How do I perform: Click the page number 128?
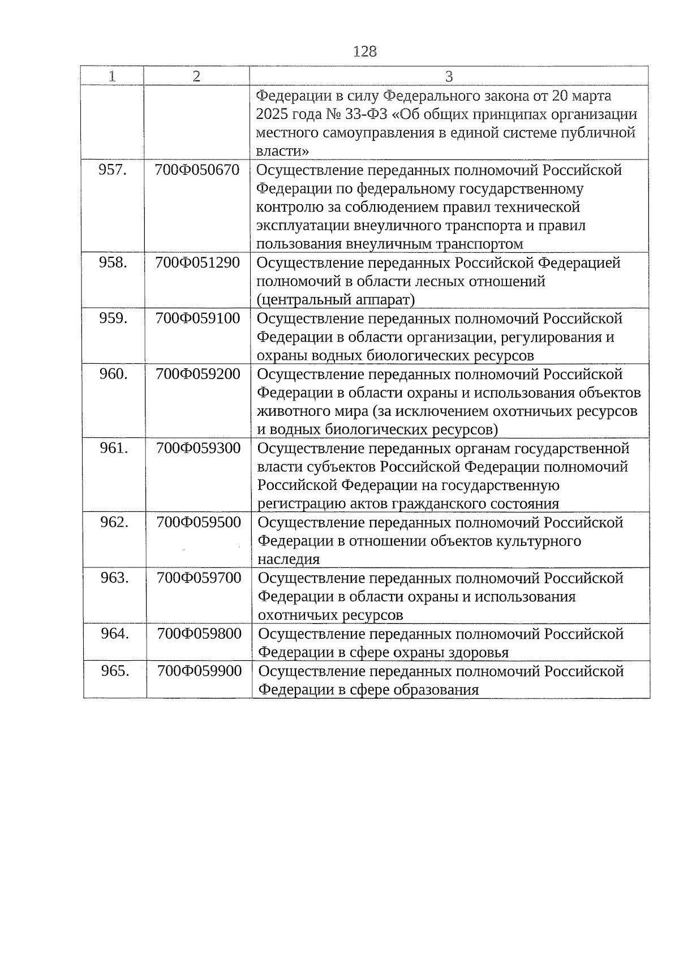pos(364,51)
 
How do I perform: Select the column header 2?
pos(196,76)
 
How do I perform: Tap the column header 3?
pos(449,76)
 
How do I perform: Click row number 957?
pos(112,170)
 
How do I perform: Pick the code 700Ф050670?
pos(197,170)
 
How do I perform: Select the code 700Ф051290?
pos(197,262)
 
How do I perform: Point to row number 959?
pos(113,318)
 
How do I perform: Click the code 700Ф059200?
pos(198,374)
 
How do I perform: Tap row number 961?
pos(114,448)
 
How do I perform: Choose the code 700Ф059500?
pos(199,522)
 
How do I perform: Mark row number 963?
pos(115,578)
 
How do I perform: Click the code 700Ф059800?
pos(199,633)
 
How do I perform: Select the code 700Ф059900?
pos(199,671)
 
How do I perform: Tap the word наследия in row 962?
pos(289,559)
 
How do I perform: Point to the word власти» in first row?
pos(282,151)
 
